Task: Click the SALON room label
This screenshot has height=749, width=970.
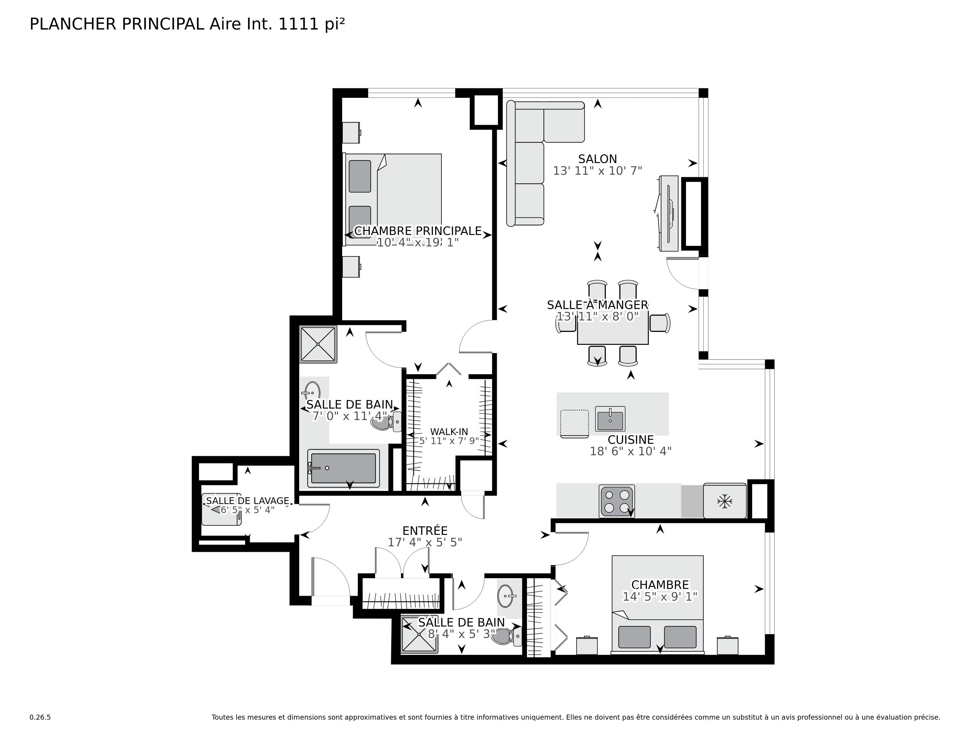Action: (x=597, y=159)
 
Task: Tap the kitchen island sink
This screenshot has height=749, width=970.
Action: (x=610, y=419)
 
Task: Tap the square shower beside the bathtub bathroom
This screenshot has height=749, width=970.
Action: (x=318, y=344)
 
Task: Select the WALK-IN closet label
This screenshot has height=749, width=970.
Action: (x=449, y=431)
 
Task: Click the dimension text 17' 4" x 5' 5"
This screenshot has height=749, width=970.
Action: (x=425, y=542)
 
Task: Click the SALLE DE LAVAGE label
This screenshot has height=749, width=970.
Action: (x=247, y=501)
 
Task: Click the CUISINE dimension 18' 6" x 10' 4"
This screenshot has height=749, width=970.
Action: (x=630, y=451)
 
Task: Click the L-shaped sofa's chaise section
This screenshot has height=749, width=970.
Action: (x=563, y=122)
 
